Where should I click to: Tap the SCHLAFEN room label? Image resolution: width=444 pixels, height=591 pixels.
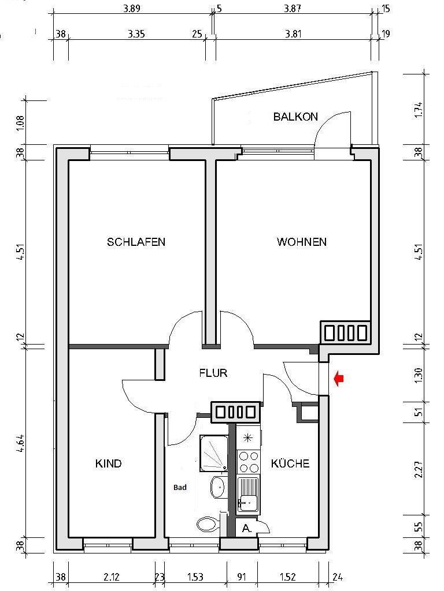pos(136,242)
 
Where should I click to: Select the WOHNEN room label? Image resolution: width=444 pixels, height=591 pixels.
pos(301,242)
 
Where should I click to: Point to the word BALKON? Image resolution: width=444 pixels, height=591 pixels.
pos(295,117)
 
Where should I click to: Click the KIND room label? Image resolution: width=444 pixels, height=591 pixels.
pos(108,463)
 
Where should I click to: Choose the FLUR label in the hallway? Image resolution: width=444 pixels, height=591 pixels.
pos(213,373)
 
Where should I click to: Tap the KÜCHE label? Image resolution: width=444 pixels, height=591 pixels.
pos(290,463)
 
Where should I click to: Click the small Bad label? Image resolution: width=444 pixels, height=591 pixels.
pos(180,488)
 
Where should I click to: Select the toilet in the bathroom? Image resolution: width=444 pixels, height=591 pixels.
pos(207,524)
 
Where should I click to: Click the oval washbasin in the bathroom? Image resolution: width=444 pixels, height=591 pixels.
pos(219,487)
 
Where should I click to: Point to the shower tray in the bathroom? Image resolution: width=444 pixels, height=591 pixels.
pos(213,453)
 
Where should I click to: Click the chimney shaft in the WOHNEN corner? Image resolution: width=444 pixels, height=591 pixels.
pos(345,332)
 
